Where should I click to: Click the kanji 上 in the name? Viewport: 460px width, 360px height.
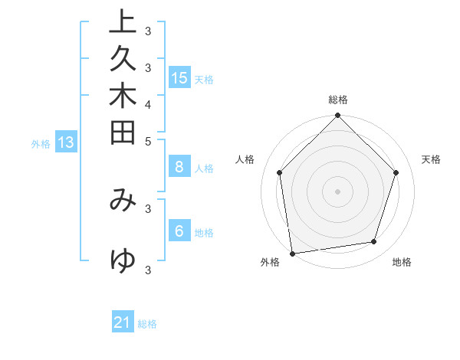click(x=123, y=21)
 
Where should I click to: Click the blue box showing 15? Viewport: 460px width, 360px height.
click(x=179, y=77)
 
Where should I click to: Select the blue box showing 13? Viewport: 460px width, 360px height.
click(x=66, y=142)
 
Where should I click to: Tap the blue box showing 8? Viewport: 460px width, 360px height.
click(x=179, y=167)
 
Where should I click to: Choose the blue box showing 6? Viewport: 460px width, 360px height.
click(x=179, y=231)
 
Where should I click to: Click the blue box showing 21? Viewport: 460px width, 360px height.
click(x=123, y=322)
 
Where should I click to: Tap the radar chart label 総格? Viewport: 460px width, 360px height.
click(x=338, y=100)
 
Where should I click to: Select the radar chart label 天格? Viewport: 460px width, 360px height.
click(x=432, y=159)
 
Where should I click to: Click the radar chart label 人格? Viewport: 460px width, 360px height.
click(x=245, y=159)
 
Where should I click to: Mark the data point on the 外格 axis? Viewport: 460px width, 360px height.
click(x=292, y=253)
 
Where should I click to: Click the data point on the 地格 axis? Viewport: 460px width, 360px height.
click(x=374, y=242)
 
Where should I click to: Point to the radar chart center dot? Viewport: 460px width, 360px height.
click(x=338, y=191)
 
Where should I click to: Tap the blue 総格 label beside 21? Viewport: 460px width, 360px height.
click(x=148, y=324)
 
